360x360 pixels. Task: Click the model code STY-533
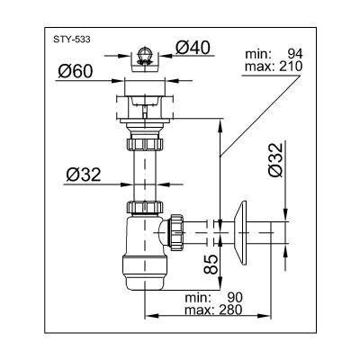pos(72,40)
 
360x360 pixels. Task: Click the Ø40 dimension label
pos(193,48)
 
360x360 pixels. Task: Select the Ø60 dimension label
pos(76,71)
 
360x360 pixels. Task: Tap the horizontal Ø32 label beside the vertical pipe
pos(83,175)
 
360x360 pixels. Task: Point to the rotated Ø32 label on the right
pos(275,160)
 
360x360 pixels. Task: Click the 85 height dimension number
pos(211,265)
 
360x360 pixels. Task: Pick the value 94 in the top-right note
pos(295,54)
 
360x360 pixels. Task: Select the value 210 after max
pos(290,67)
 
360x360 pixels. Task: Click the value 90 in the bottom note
pos(234,297)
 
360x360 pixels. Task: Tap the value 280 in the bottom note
pos(229,310)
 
